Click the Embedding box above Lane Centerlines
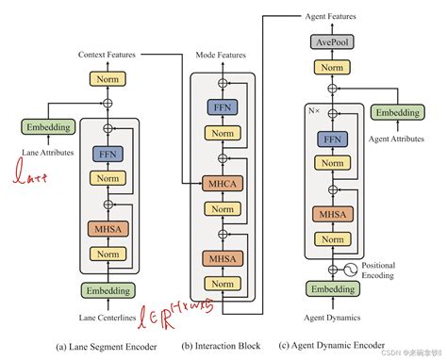click(105, 290)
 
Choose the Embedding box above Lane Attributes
click(44, 126)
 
